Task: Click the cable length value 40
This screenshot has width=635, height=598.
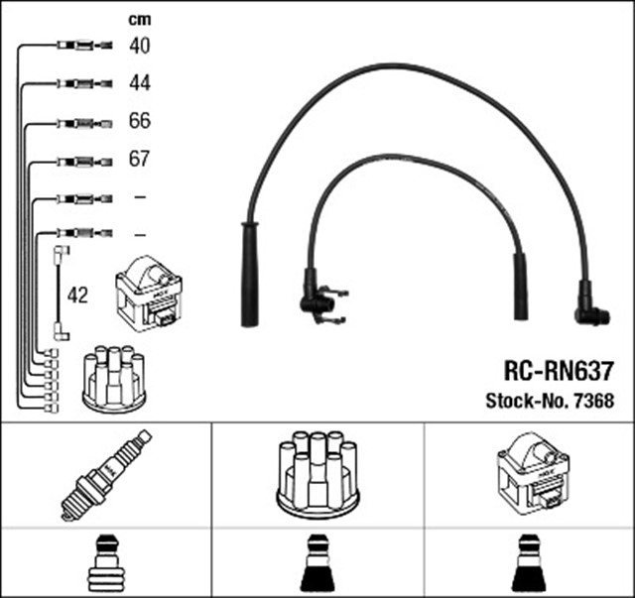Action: pyautogui.click(x=139, y=45)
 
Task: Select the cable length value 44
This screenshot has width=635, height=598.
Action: pyautogui.click(x=139, y=82)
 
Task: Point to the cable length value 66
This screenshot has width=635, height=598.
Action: pyautogui.click(x=139, y=121)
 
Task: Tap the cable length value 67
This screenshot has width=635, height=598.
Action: pyautogui.click(x=139, y=159)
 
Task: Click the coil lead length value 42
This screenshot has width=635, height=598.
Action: pyautogui.click(x=77, y=296)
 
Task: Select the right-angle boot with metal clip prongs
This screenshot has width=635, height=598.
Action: pyautogui.click(x=318, y=297)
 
